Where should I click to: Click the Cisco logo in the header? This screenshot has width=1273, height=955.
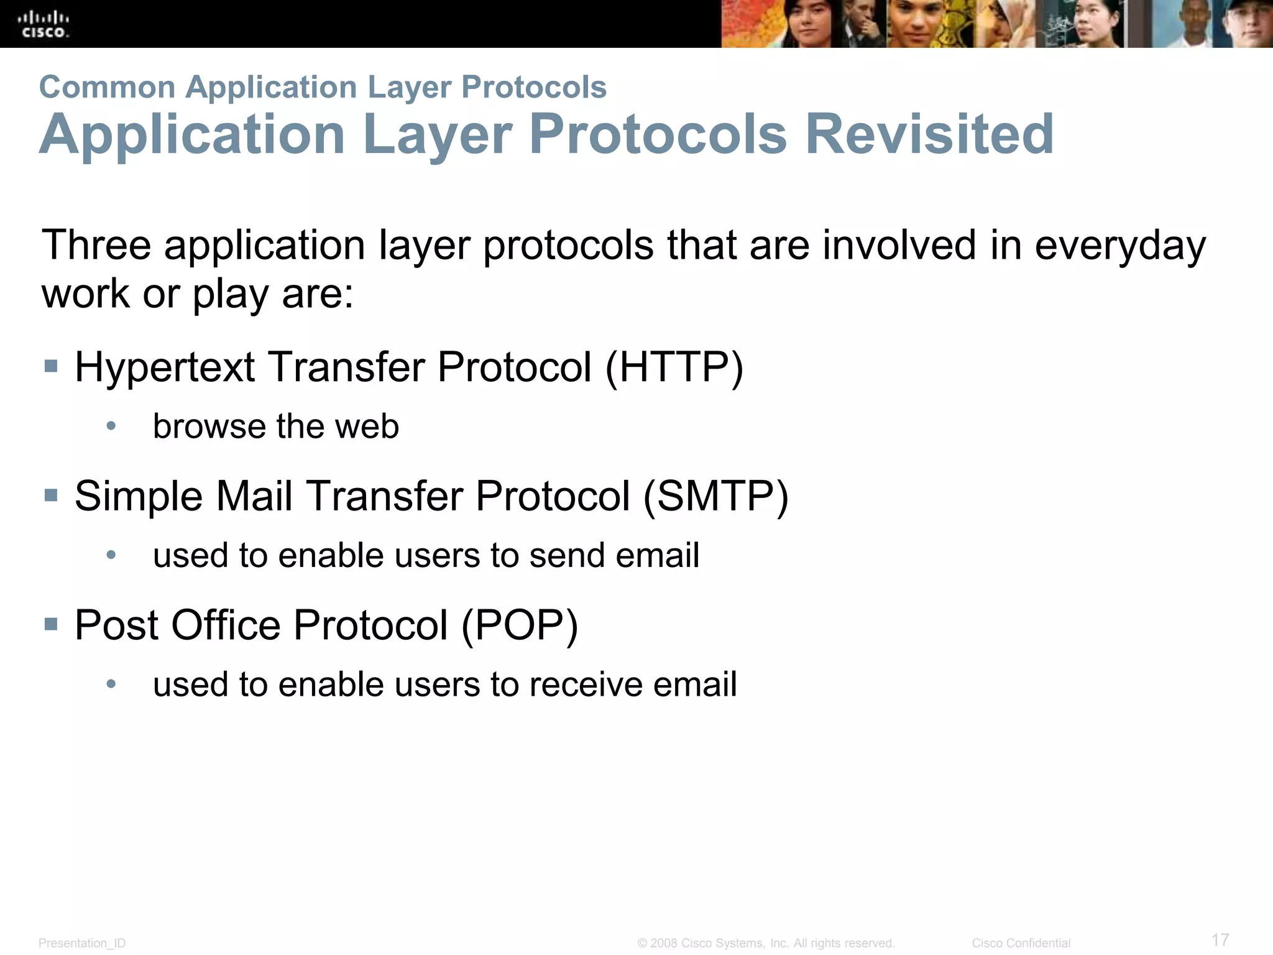point(44,25)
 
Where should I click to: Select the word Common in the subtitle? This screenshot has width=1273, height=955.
point(107,87)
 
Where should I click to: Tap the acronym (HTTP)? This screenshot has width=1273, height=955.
point(674,367)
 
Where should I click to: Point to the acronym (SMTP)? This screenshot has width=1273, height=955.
point(715,496)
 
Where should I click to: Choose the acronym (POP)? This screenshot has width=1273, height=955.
point(520,625)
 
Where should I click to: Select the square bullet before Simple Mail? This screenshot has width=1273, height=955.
point(51,496)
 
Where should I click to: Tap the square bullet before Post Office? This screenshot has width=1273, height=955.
point(51,624)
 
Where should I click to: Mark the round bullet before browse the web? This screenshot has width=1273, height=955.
point(111,426)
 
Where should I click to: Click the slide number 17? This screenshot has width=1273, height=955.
point(1220,939)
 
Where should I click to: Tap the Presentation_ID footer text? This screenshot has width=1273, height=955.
point(82,943)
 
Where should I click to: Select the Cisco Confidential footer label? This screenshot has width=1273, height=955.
point(1021,943)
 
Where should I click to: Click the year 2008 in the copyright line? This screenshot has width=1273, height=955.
point(663,943)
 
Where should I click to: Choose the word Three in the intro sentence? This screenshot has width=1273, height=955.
point(96,245)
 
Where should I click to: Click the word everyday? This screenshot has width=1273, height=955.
point(1120,245)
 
